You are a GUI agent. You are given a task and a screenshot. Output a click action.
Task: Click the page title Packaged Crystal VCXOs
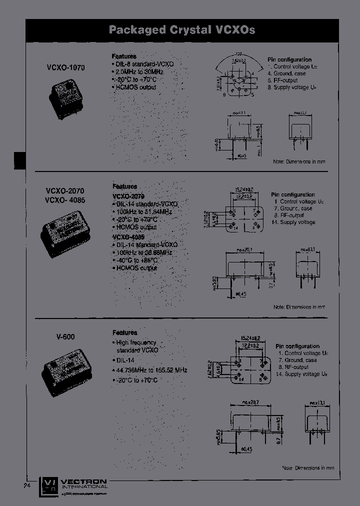[x=182, y=30]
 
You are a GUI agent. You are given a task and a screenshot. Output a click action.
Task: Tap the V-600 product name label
[x=65, y=337]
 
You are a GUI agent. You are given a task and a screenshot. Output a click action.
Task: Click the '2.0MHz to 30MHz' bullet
[x=137, y=71]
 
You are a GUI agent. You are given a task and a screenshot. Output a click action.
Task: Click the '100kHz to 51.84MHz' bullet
[x=142, y=212]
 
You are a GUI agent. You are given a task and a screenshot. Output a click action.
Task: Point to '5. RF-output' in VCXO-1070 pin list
[x=282, y=80]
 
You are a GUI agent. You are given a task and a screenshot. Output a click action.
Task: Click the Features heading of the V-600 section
[x=124, y=332]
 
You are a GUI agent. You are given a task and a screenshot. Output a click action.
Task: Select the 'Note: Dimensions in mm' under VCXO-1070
[x=299, y=161]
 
